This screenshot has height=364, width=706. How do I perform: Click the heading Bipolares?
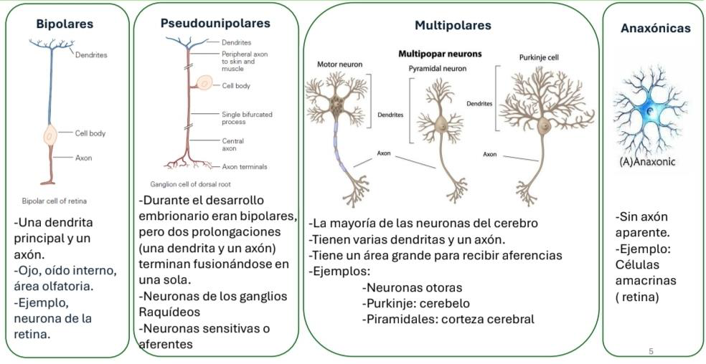tap(65, 24)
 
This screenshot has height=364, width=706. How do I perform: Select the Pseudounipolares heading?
tap(215, 23)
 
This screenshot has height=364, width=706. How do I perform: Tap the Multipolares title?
tap(453, 25)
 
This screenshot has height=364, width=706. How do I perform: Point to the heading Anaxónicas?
tap(655, 29)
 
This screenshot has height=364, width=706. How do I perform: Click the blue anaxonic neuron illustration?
tap(650, 114)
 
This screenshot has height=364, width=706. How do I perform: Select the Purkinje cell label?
tap(539, 57)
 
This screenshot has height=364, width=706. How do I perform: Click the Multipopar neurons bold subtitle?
tap(439, 54)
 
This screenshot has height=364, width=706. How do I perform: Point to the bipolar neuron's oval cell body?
tap(50, 134)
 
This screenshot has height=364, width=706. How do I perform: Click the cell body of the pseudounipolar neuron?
tap(205, 85)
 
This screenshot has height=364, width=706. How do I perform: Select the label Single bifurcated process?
tap(247, 118)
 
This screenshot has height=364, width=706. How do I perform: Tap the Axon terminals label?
tap(245, 166)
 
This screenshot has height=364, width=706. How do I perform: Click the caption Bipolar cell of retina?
tap(55, 201)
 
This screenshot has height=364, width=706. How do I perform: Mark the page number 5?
tap(651, 351)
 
